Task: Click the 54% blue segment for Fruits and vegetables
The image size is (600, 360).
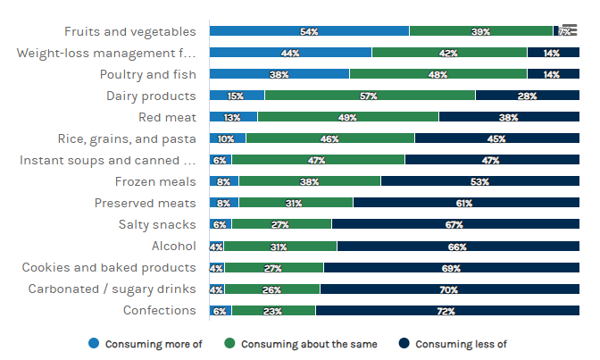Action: (309, 31)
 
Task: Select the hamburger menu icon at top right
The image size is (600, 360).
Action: (569, 29)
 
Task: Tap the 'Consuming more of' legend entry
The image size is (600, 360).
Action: (147, 344)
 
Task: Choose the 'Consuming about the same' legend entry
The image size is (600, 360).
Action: (302, 344)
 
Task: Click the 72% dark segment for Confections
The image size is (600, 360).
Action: (446, 311)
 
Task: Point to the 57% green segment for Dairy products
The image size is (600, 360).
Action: (370, 96)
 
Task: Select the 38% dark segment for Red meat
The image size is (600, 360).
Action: (508, 117)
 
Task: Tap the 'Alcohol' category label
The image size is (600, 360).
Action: (174, 246)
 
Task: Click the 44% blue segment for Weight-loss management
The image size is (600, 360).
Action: (290, 53)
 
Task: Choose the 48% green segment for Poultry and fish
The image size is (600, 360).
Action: (437, 74)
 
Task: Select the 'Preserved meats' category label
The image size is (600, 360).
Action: (146, 203)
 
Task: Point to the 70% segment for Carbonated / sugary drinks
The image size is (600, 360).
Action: (448, 289)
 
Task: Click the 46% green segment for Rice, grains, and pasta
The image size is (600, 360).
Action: (329, 138)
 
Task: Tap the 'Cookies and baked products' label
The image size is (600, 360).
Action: (109, 267)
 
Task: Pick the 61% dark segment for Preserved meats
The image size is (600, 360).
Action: (464, 203)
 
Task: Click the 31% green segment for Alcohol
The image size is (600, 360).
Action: (280, 246)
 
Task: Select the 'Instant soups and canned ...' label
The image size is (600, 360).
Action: (107, 160)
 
